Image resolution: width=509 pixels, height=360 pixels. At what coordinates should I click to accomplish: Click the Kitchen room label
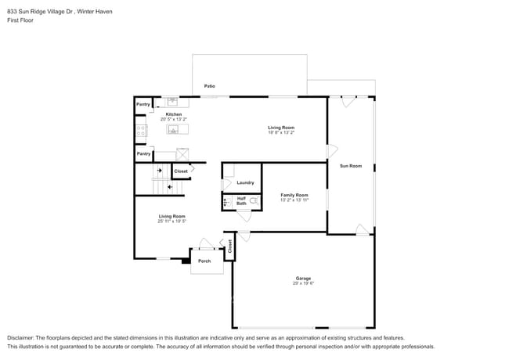coord(173,114)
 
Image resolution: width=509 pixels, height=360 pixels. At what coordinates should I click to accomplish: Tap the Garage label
coord(303,278)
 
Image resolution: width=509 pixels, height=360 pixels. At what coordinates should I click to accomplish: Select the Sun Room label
coord(350,166)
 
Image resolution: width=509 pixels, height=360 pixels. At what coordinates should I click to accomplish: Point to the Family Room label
coord(294,195)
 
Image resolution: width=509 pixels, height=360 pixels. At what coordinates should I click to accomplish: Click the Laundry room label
coord(245,182)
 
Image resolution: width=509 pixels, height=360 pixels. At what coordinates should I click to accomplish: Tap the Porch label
coord(204,261)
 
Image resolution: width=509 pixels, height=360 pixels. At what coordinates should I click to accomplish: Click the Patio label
coord(210,85)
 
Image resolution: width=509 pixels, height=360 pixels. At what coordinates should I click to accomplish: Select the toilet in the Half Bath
coord(253,201)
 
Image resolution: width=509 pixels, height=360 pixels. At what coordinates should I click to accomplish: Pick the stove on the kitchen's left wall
coord(141,131)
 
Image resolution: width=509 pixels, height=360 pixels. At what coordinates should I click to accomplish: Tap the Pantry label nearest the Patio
coord(143,104)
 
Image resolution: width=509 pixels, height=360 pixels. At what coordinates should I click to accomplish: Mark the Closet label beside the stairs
coord(181,171)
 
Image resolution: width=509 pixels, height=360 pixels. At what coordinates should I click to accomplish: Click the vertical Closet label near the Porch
coord(230,246)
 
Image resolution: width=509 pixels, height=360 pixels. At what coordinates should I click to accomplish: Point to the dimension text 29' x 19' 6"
coord(303,283)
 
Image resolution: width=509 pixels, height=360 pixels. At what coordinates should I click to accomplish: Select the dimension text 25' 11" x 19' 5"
coord(172,221)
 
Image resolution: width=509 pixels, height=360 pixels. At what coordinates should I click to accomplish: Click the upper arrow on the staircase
coord(159,170)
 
